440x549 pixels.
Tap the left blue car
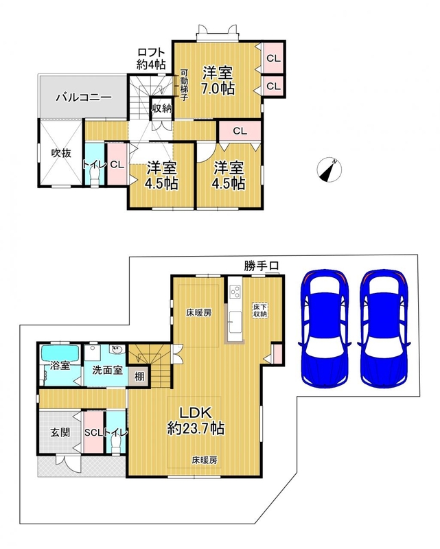tap(325, 329)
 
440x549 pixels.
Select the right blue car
tap(384, 329)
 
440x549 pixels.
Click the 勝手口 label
tap(261, 266)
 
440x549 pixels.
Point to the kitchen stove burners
tap(235, 292)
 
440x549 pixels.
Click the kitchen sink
tap(234, 322)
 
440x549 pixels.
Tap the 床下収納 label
tap(260, 311)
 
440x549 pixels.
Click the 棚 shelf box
tap(139, 377)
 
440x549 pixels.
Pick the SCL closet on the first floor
tap(93, 432)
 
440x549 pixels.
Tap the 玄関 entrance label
tap(60, 432)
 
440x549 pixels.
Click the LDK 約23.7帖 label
tap(196, 421)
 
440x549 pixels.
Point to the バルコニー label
tap(84, 97)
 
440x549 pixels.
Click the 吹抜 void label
tap(61, 153)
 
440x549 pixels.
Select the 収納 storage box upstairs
tap(161, 108)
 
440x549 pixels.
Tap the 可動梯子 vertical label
tap(184, 85)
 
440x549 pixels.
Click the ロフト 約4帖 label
tap(151, 58)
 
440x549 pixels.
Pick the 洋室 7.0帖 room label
tap(218, 80)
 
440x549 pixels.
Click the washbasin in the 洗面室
tap(117, 349)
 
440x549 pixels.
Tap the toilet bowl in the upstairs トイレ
tap(95, 175)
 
